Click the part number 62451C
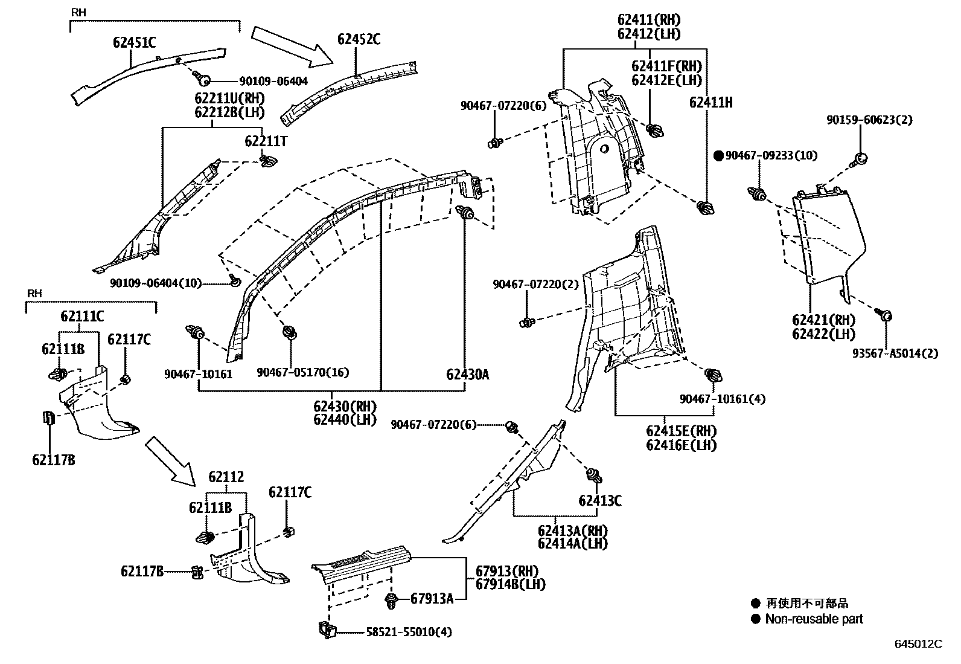(x=134, y=42)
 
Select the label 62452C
(x=359, y=39)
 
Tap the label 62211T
(x=266, y=141)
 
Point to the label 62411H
(x=710, y=103)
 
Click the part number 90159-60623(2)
(x=869, y=120)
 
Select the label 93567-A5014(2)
(x=895, y=353)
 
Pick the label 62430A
(x=468, y=375)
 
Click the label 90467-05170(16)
(x=302, y=373)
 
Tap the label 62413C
(x=599, y=500)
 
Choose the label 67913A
(x=432, y=599)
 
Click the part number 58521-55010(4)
(x=409, y=633)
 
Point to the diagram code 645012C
(x=918, y=644)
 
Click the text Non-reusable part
(x=814, y=619)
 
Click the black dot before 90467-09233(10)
(x=718, y=155)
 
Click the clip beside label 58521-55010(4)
(x=326, y=630)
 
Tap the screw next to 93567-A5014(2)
(x=885, y=315)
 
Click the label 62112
(x=226, y=477)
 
